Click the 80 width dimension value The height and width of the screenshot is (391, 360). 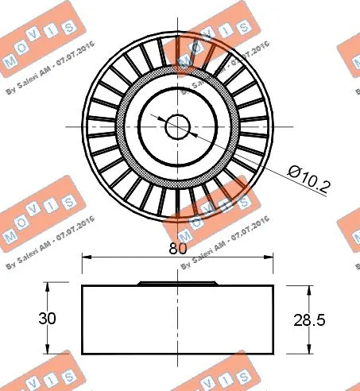pyautogui.click(x=178, y=248)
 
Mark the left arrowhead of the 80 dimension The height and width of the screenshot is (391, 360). pyautogui.click(x=86, y=257)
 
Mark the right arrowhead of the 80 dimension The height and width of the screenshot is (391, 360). pyautogui.click(x=270, y=257)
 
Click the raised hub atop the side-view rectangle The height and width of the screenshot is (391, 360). pyautogui.click(x=178, y=282)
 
